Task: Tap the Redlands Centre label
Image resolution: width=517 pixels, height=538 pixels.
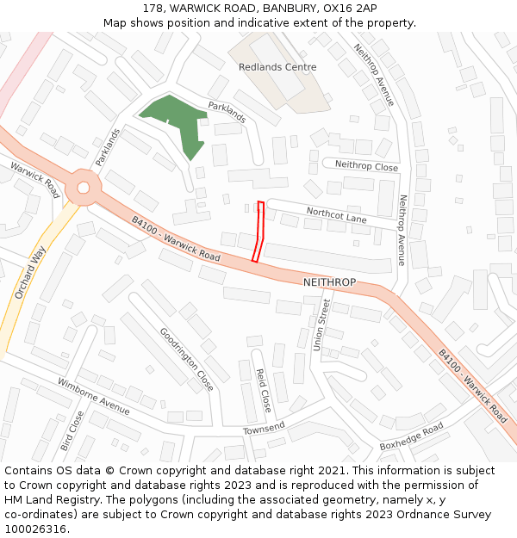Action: click(x=277, y=67)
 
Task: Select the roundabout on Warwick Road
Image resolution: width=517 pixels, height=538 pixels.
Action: click(x=83, y=187)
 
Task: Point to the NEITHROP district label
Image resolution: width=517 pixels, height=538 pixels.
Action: click(x=329, y=282)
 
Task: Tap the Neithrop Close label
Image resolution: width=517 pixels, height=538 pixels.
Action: click(x=366, y=166)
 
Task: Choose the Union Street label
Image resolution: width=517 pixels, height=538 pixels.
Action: click(x=320, y=325)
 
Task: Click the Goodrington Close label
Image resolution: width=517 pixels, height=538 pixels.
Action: click(x=186, y=358)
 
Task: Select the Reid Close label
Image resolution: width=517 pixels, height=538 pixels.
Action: click(x=263, y=390)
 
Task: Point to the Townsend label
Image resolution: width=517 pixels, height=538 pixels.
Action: click(x=264, y=428)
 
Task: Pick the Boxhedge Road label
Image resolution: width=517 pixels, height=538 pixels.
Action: click(x=411, y=436)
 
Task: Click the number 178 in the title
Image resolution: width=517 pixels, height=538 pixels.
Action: click(x=153, y=8)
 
